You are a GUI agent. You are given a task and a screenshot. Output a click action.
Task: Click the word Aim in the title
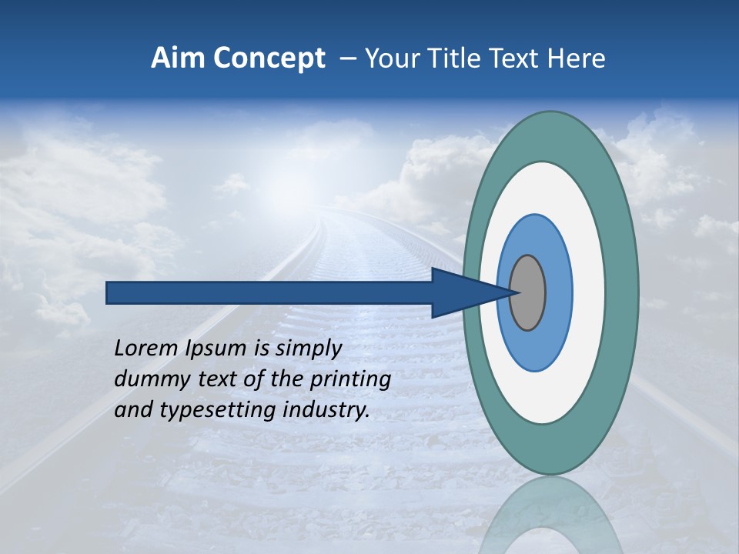click(178, 58)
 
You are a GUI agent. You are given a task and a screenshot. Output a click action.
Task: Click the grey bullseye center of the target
click(528, 293)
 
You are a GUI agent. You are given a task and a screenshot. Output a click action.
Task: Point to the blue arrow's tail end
click(112, 293)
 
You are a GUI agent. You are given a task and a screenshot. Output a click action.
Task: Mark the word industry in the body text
click(326, 411)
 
